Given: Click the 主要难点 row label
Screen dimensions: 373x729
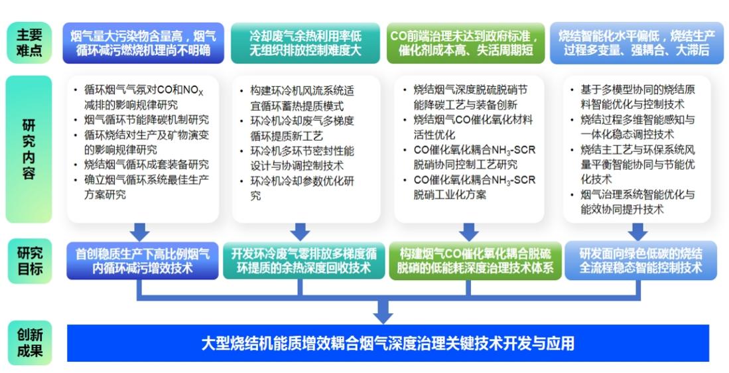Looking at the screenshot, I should [x=29, y=43].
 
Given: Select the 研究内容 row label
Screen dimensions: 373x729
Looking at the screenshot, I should [x=29, y=149].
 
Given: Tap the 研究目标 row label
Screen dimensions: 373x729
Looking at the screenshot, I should [x=29, y=261].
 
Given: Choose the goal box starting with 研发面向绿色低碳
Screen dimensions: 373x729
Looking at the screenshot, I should [x=641, y=260].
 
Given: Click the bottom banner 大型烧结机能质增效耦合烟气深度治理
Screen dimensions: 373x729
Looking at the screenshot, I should [x=388, y=343].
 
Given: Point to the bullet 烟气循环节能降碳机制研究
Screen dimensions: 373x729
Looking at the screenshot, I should [x=147, y=119].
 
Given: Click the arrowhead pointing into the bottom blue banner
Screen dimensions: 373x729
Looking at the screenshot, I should [x=383, y=310].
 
